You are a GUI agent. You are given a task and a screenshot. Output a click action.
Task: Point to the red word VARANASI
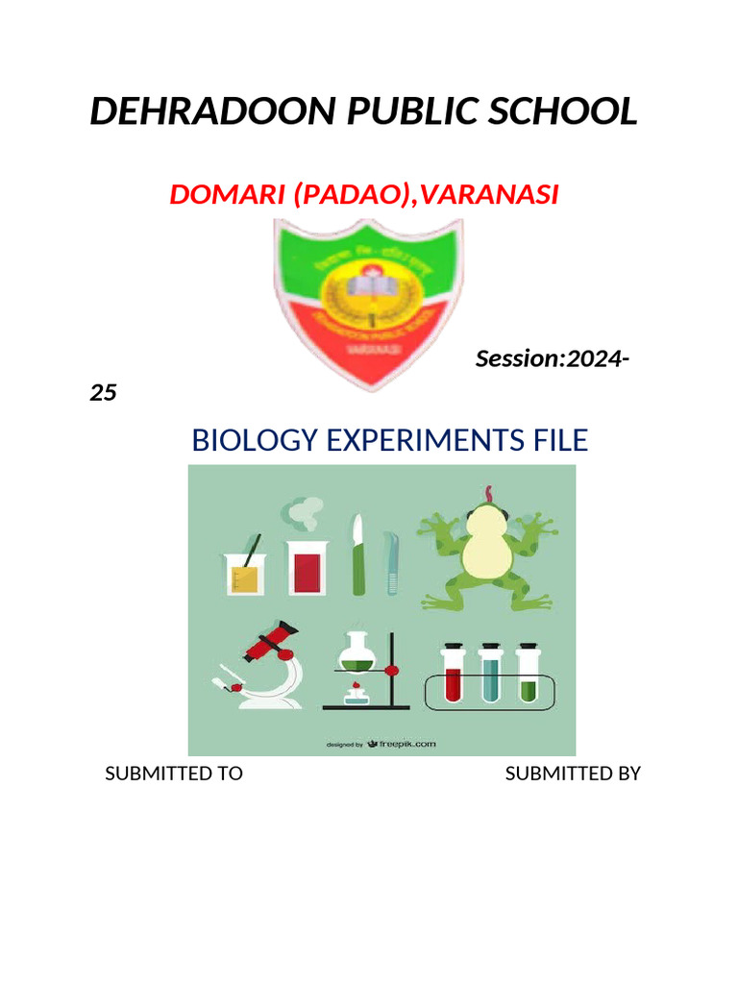[489, 195]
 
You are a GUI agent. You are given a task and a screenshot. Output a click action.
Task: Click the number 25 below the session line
[103, 393]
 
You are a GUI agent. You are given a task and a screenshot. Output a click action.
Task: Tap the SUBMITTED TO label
[173, 774]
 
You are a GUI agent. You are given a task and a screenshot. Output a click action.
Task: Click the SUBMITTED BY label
[573, 774]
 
